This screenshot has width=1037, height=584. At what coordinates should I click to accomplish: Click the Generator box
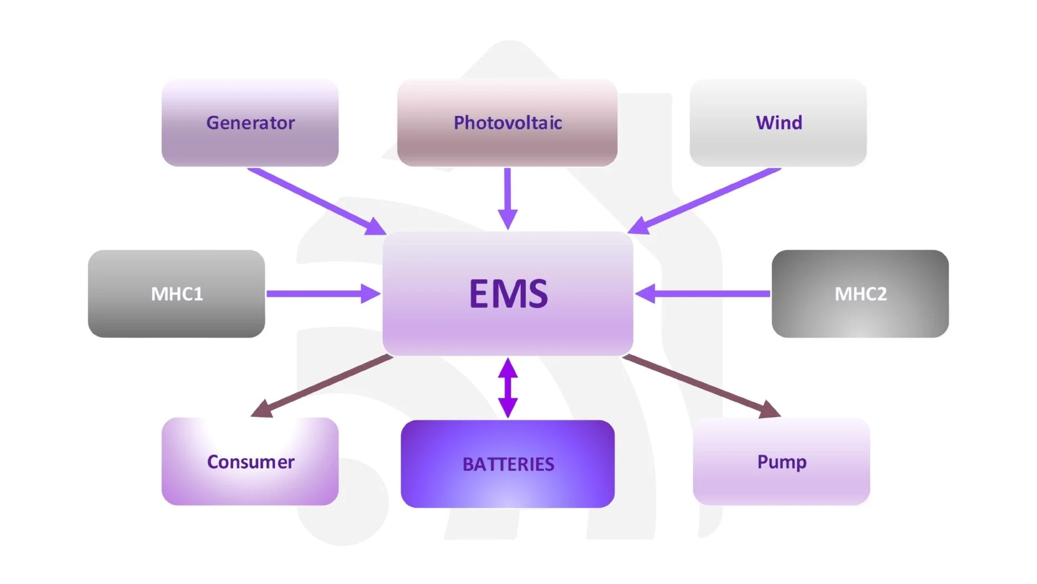[x=250, y=123]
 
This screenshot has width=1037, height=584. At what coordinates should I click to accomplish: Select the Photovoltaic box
[x=507, y=123]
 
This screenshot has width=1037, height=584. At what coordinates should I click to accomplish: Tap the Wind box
[x=778, y=123]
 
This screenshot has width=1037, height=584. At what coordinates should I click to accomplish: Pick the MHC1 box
[x=177, y=294]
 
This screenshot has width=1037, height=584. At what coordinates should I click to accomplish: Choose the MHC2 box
[x=860, y=294]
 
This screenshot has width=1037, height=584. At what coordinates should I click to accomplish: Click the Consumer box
[x=250, y=461]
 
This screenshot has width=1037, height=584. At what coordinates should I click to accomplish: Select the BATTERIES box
[x=508, y=464]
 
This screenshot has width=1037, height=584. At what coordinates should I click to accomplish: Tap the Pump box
[x=782, y=461]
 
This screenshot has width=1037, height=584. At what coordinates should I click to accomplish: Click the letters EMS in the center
[x=508, y=294]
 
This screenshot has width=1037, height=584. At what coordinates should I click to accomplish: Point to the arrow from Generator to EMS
[x=317, y=201]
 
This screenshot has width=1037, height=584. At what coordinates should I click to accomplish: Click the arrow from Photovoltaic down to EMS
[x=508, y=198]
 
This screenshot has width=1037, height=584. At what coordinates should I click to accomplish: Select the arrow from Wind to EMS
[x=704, y=201]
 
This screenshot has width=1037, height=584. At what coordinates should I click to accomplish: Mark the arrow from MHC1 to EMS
[x=324, y=294]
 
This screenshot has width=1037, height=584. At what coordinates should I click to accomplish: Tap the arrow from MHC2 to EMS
[x=703, y=294]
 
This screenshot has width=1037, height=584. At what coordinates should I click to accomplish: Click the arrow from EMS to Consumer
[x=322, y=386]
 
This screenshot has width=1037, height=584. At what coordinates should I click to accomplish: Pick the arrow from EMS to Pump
[x=702, y=386]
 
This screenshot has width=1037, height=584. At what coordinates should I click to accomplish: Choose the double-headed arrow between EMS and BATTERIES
[x=508, y=388]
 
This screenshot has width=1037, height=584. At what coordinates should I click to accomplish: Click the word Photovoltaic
[x=508, y=123]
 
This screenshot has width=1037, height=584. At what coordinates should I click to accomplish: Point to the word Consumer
[x=251, y=462]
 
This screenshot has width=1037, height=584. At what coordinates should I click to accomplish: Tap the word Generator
[x=251, y=123]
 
